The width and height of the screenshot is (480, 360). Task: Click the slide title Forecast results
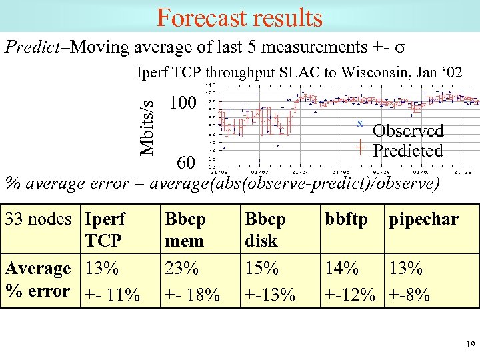coord(239,17)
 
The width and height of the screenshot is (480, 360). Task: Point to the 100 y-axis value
coord(183,103)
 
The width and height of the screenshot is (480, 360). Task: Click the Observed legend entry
coord(407,131)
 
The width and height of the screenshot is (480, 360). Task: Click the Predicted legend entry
coord(407,151)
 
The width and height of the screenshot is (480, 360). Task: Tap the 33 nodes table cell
coord(38,219)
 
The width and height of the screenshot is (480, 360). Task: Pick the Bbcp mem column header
coord(185,229)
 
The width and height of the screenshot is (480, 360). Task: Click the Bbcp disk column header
coord(265,229)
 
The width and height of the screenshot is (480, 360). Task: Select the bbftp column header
coord(346,219)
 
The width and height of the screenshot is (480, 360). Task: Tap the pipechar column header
coord(424,219)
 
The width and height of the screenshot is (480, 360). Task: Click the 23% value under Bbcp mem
coord(182,269)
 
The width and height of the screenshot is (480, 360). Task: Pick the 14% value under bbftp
coord(341,269)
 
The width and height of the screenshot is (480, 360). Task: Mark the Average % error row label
coord(38,279)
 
